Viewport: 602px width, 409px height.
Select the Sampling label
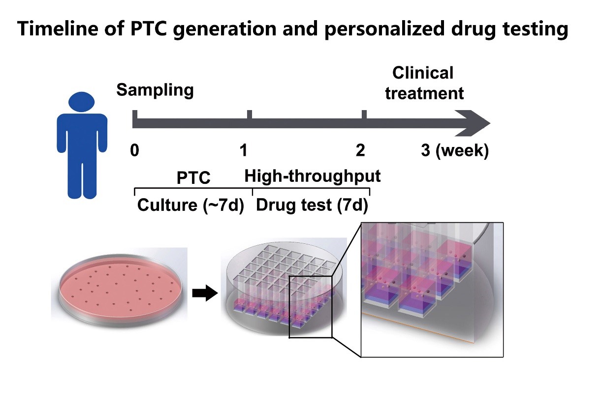coord(155,90)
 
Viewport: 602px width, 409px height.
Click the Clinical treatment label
coord(424,83)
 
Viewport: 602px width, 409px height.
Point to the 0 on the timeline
coord(134,151)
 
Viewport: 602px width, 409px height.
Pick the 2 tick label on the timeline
coord(361,151)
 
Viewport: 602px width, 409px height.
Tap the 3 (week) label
coord(454,151)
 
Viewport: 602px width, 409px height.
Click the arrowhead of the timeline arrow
coord(475,122)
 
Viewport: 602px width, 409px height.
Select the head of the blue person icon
coord(81,101)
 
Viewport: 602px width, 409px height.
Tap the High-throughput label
coord(313,175)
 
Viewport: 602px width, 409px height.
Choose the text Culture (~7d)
coord(190,204)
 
